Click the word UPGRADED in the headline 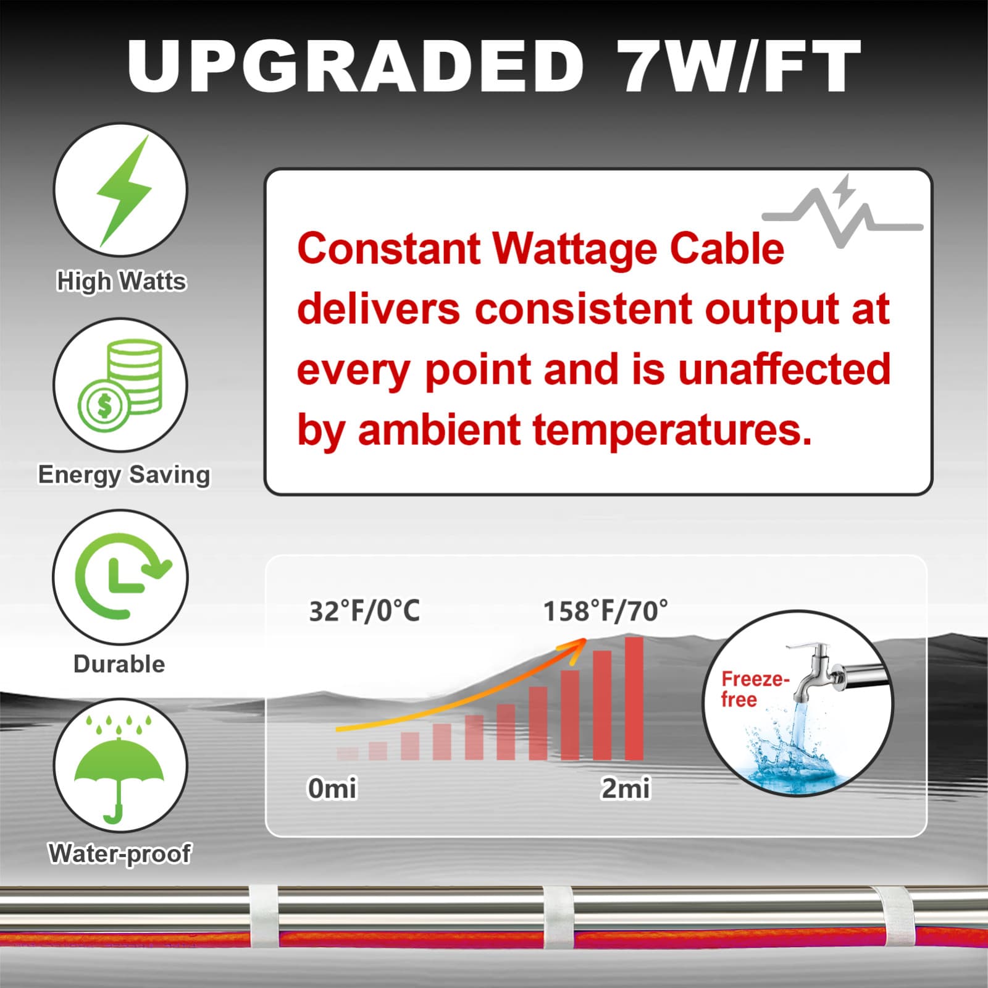coord(355,65)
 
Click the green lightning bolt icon coord(124,190)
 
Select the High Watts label coord(121,281)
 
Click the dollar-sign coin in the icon coord(104,405)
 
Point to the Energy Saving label coord(124,475)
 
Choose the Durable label coord(119,664)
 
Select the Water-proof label coord(120,853)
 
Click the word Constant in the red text coord(388,249)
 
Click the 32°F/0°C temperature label coord(364,611)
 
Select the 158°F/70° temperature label coord(605,611)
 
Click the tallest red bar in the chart coord(634,698)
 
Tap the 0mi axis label coord(332,788)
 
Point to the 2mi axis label coord(626,788)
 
